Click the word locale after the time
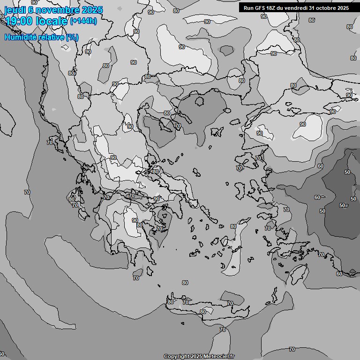[51, 21]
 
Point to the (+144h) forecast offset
[83, 21]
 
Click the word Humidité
[20, 37]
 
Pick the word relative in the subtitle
[50, 37]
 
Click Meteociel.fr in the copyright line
[218, 356]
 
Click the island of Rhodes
[298, 272]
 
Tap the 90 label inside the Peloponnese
[135, 220]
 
